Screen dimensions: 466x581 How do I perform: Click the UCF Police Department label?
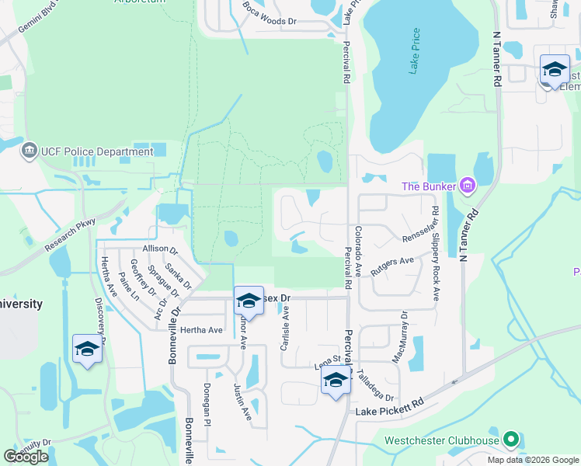click(87, 152)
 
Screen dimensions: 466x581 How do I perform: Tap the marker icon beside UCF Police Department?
click(30, 148)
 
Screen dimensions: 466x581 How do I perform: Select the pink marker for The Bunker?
click(467, 186)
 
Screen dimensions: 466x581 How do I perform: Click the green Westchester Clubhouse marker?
click(510, 440)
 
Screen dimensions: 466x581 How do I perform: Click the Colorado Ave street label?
click(358, 251)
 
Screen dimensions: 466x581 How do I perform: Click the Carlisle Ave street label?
click(284, 329)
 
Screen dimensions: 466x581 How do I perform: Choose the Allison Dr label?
click(160, 250)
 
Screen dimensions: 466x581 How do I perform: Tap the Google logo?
click(26, 457)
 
